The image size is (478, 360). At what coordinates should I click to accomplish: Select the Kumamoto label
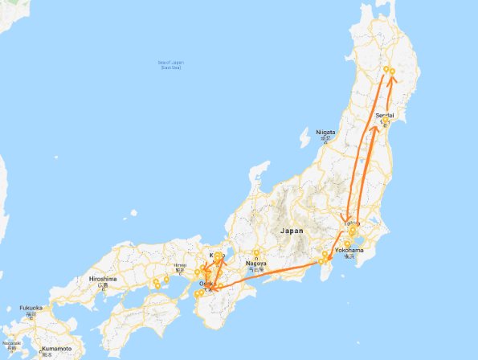(x=57, y=348)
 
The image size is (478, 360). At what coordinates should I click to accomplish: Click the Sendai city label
(x=386, y=116)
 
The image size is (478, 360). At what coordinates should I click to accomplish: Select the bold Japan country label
(x=291, y=231)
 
